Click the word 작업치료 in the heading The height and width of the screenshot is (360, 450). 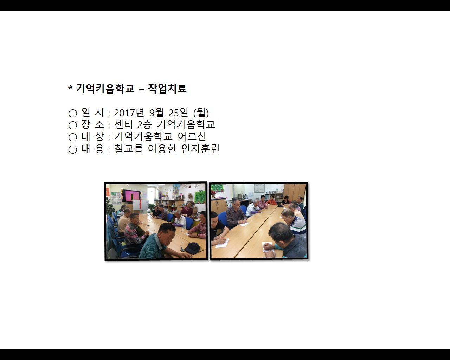tap(167, 88)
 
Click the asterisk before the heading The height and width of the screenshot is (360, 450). tap(70, 88)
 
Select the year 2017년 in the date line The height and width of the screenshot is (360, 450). tap(129, 113)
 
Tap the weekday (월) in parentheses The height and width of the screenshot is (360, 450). tap(201, 113)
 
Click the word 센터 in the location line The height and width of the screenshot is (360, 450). tap(124, 124)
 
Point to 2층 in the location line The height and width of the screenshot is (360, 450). tap(144, 125)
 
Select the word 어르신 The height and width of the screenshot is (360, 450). tap(192, 136)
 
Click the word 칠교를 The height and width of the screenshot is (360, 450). tap(129, 149)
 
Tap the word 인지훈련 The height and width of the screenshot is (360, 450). tap(200, 149)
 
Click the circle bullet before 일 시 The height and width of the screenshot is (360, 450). tap(73, 113)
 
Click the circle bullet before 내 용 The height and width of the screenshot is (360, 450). tap(73, 149)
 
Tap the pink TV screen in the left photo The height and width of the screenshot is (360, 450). tap(131, 196)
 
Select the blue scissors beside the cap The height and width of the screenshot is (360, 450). tap(182, 249)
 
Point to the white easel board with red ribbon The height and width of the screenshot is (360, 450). tap(141, 205)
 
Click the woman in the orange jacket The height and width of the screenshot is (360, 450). tap(271, 200)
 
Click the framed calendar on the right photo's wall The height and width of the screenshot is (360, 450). tap(259, 188)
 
